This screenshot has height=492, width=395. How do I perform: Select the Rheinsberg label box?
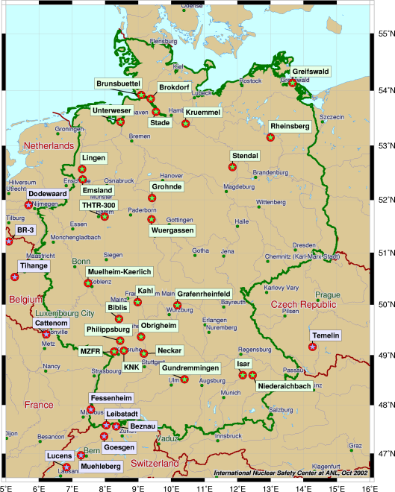click(x=290, y=127)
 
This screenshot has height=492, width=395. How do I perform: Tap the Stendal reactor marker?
click(x=232, y=166)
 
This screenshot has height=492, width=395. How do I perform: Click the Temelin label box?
click(x=326, y=335)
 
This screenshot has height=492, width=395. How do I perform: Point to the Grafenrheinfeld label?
click(x=204, y=294)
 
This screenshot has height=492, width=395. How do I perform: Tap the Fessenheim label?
click(x=111, y=397)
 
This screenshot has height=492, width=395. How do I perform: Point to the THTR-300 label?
click(x=99, y=205)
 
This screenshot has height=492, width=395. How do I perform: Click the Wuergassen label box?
click(x=172, y=231)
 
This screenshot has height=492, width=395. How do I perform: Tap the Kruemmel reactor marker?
click(x=185, y=123)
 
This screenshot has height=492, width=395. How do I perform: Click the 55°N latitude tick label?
click(x=384, y=34)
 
